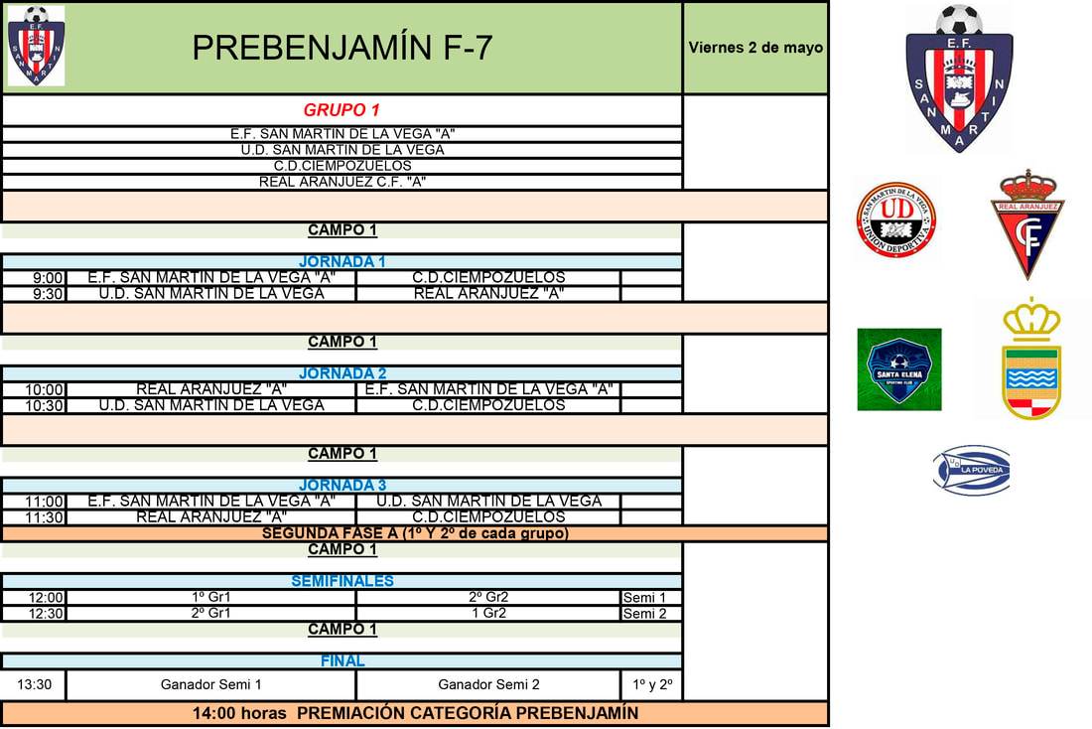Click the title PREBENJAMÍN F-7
pos(341,48)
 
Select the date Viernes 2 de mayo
pos(755,48)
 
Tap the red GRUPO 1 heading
pos(341,110)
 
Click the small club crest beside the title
pos(36,46)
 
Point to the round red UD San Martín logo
pos(897,220)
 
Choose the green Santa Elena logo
pos(899,369)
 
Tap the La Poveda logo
pos(971,469)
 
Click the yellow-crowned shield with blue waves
pos(1031,360)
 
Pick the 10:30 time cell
pos(45,406)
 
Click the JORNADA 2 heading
pos(341,373)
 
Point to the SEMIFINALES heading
pos(341,581)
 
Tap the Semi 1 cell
pos(651,598)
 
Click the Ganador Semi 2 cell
pos(488,684)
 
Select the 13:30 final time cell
pos(35,684)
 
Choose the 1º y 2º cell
pos(651,684)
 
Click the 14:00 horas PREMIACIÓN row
pos(415,713)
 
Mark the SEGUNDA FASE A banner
pos(415,533)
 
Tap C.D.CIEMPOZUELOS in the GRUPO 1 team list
pos(341,166)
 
